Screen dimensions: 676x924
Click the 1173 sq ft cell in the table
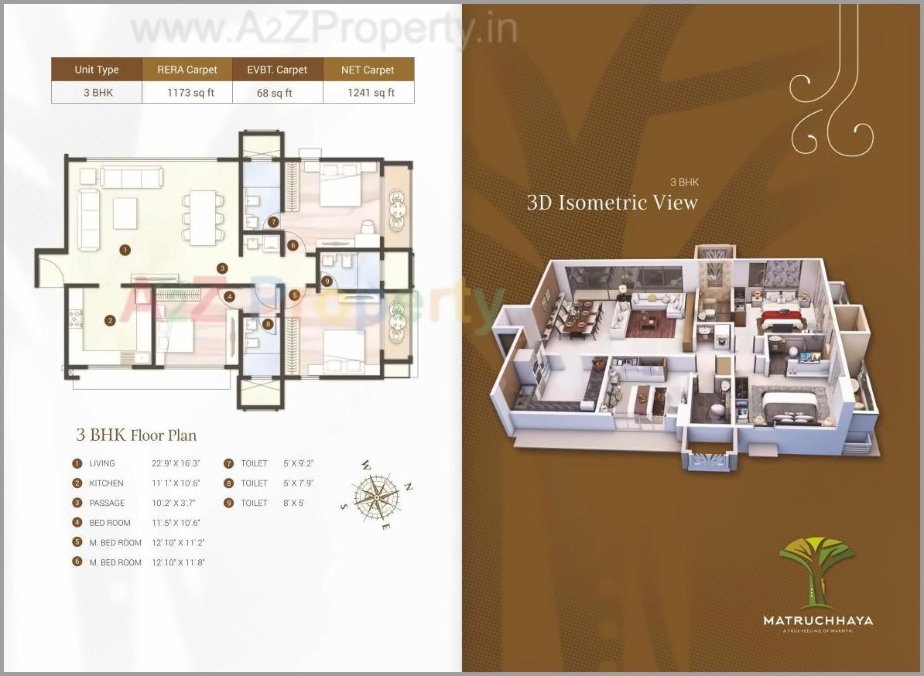pyautogui.click(x=187, y=93)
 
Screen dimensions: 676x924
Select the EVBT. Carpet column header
pyautogui.click(x=277, y=70)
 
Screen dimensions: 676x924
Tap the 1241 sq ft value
pyautogui.click(x=368, y=93)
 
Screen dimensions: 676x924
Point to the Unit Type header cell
pyautogui.click(x=97, y=70)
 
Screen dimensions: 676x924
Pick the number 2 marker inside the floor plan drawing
pyautogui.click(x=111, y=320)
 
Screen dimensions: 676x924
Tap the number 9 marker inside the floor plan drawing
pyautogui.click(x=327, y=281)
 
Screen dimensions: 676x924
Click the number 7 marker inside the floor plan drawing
pyautogui.click(x=274, y=222)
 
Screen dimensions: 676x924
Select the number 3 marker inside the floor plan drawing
pyautogui.click(x=222, y=268)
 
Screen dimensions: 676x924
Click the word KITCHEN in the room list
pyautogui.click(x=106, y=483)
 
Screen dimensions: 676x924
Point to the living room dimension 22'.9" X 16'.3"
pyautogui.click(x=176, y=463)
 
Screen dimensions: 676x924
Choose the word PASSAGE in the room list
pyautogui.click(x=107, y=503)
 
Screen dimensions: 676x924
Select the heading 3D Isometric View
pyautogui.click(x=612, y=203)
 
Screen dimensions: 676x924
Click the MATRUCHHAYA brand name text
pyautogui.click(x=817, y=620)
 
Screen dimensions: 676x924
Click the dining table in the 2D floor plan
pyautogui.click(x=204, y=217)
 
